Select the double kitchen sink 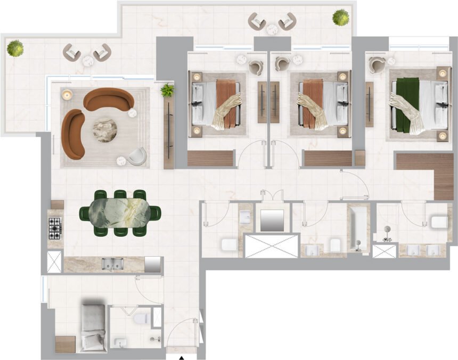point(113,264)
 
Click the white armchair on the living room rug point(137,156)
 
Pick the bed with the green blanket point(418,104)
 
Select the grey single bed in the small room point(93,327)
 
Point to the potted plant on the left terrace point(15,49)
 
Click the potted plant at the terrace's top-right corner point(340,17)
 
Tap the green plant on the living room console point(167,90)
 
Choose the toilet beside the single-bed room point(141,318)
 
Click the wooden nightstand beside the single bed point(65,343)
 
